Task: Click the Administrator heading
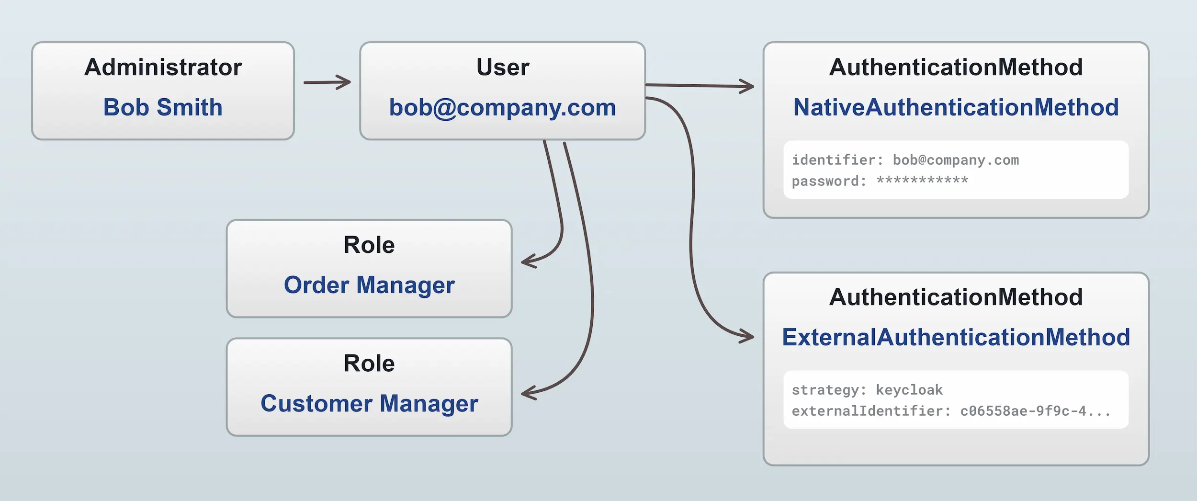point(163,67)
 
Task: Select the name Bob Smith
point(163,107)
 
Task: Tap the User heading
point(502,67)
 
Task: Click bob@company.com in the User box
point(502,107)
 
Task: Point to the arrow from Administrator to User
point(327,82)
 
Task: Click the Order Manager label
point(369,285)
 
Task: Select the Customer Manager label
point(369,403)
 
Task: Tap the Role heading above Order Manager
point(369,245)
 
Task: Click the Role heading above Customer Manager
point(369,363)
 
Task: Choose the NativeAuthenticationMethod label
point(956,107)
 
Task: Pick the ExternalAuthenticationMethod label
point(956,337)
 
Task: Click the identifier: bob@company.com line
point(905,160)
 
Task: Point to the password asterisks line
point(880,181)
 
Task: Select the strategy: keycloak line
point(867,390)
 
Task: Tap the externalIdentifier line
point(950,411)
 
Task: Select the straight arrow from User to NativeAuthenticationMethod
point(699,86)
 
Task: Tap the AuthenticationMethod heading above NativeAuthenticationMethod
point(956,67)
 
